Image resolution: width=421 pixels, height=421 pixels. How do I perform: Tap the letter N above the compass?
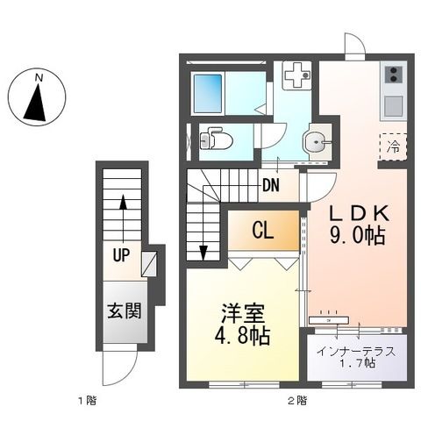click(x=38, y=77)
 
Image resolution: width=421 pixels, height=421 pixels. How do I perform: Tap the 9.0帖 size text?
click(x=358, y=236)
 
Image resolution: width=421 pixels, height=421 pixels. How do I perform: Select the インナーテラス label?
click(x=356, y=352)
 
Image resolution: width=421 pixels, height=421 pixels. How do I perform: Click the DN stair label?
click(x=271, y=184)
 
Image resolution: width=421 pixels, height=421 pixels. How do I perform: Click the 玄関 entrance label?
click(x=123, y=310)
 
